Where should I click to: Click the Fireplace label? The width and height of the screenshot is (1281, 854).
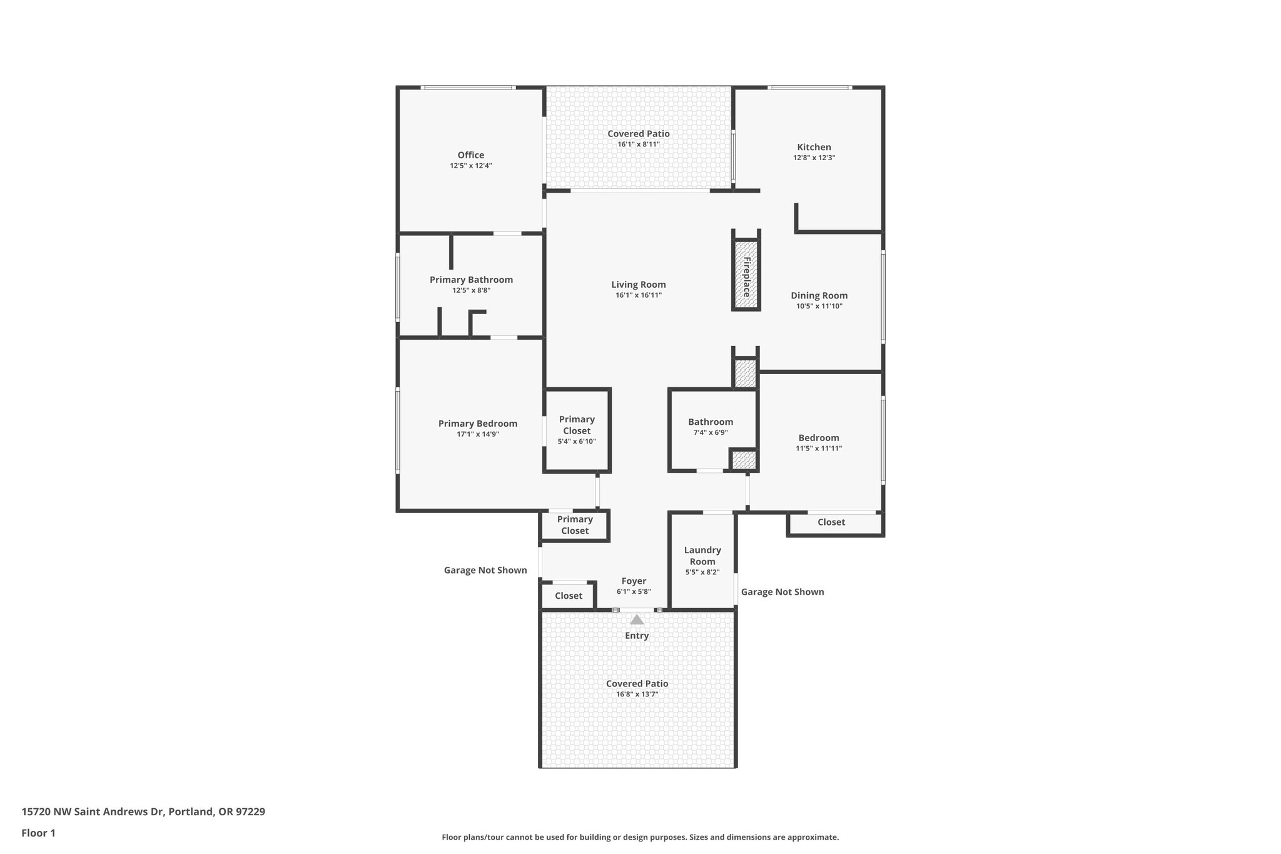click(746, 277)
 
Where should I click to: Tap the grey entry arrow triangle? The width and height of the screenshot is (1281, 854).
click(637, 619)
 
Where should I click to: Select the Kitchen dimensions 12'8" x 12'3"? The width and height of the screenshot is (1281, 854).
click(814, 158)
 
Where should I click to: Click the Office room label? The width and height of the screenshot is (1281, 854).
click(470, 155)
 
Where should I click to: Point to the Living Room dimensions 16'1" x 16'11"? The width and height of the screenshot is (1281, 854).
click(638, 295)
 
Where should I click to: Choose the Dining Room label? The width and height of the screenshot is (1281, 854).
click(819, 295)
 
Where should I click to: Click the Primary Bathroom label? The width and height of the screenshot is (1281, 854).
click(471, 280)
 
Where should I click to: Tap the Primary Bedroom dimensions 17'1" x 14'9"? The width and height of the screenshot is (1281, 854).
click(477, 434)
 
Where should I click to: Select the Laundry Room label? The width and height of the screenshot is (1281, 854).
click(702, 556)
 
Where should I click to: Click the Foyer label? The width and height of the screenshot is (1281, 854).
click(634, 581)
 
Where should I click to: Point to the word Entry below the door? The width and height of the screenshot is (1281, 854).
click(637, 636)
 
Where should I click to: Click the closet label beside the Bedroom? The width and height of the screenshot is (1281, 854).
click(831, 522)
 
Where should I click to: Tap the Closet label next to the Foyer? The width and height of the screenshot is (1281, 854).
click(568, 596)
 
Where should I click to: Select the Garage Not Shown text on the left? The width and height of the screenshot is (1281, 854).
click(485, 570)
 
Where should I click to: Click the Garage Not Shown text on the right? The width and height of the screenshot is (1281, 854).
click(782, 592)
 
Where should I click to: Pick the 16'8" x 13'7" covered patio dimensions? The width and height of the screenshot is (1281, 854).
click(637, 694)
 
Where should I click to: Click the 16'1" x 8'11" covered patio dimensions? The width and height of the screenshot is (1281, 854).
click(638, 145)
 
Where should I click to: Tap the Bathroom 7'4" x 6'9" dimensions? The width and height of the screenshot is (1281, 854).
click(710, 432)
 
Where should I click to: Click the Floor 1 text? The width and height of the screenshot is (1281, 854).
click(38, 833)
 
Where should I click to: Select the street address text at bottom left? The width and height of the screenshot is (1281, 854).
click(143, 811)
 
